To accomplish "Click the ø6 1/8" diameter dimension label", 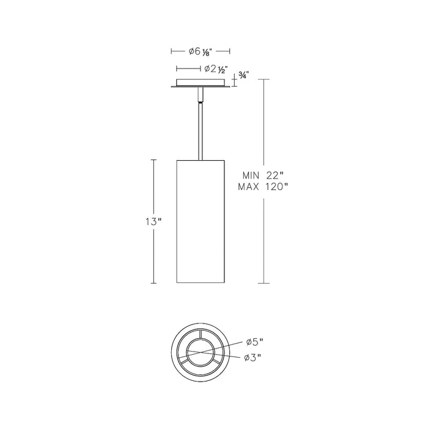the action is [x=201, y=51].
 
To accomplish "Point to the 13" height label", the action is [x=153, y=222].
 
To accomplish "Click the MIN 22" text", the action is [x=264, y=175].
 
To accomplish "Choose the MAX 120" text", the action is [x=263, y=187].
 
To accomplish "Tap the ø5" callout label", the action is [x=254, y=342].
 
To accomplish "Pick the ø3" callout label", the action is [x=253, y=358].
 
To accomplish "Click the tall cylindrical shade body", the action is [x=201, y=221].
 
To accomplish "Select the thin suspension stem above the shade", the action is [x=201, y=131].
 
